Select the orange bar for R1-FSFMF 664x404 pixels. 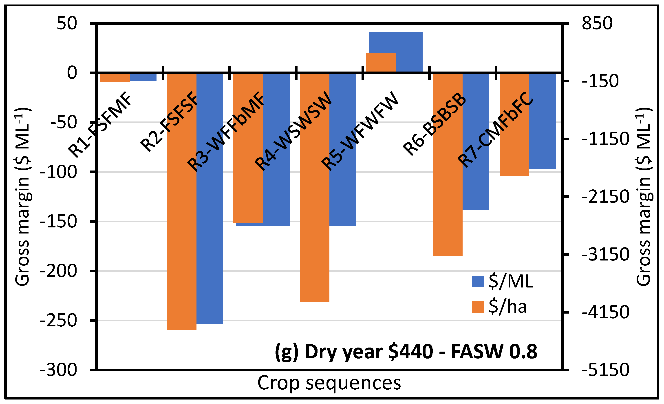[x=115, y=77]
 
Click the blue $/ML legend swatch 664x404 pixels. [x=478, y=281]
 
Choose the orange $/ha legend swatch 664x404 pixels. [x=478, y=307]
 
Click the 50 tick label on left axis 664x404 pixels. [x=67, y=23]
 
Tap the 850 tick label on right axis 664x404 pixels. [x=597, y=23]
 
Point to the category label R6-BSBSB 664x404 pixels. [x=434, y=124]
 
